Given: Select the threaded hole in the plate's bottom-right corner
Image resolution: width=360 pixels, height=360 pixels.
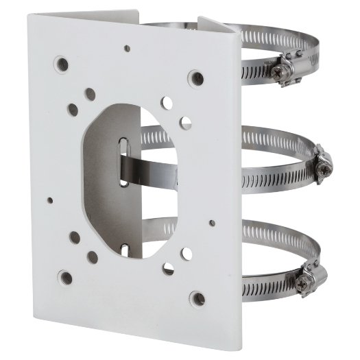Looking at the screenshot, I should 197,299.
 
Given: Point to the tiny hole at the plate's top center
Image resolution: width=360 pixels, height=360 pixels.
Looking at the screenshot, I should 125,49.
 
